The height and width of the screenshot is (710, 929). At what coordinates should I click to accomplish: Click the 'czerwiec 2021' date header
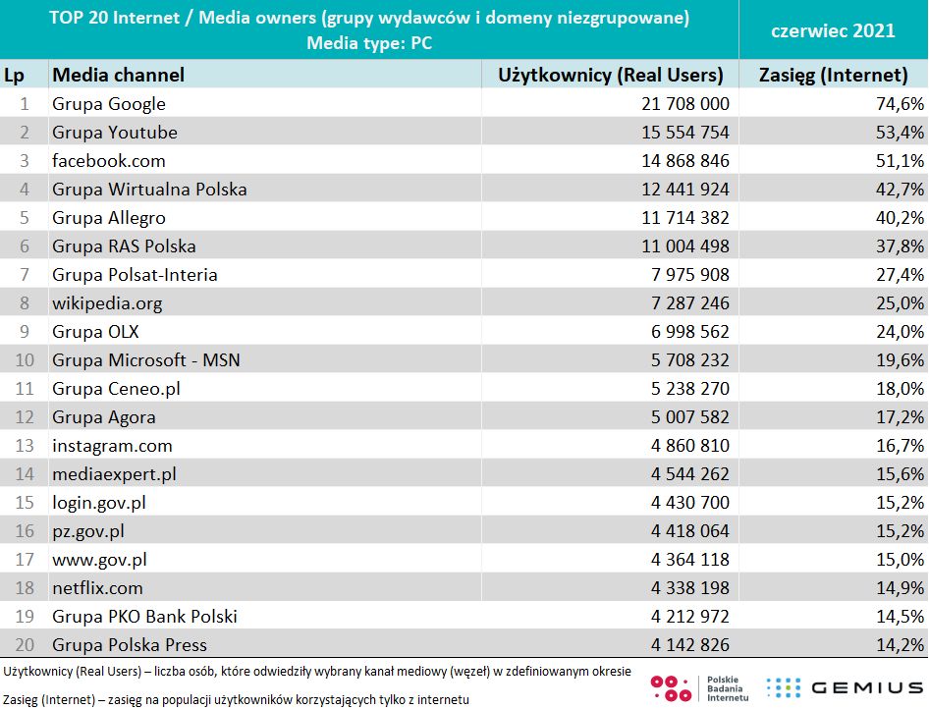pos(833,30)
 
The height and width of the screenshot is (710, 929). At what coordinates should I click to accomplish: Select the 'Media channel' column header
pos(118,75)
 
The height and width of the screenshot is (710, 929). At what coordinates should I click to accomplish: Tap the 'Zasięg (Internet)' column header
pos(834,75)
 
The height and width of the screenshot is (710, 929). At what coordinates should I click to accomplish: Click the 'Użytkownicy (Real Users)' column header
pos(611,75)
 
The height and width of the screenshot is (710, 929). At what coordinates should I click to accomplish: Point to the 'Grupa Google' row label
pos(109,104)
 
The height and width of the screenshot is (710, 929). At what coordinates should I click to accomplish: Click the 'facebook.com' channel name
pos(109,160)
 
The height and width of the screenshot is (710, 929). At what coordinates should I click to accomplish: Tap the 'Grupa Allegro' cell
pos(109,218)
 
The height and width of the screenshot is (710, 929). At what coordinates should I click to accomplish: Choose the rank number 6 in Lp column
pos(25,246)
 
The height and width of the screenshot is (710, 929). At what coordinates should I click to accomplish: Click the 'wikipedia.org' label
pos(107,303)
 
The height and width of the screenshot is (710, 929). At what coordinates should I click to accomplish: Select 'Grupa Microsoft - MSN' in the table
pos(146,360)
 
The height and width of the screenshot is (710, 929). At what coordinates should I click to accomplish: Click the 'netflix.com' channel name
pos(97,588)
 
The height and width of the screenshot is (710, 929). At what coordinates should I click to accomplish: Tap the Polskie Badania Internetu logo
pos(701,687)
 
